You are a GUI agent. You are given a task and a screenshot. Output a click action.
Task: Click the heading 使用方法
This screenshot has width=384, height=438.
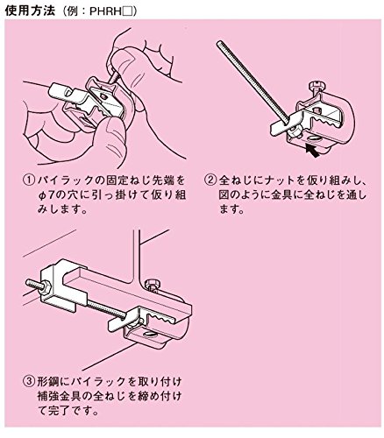click(30, 11)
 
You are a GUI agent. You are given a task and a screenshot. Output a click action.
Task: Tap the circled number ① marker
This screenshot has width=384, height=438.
click(29, 180)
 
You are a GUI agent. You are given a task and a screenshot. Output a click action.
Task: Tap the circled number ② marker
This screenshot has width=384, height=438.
click(210, 180)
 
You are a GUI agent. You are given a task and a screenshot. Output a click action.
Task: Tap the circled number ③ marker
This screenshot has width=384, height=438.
click(29, 381)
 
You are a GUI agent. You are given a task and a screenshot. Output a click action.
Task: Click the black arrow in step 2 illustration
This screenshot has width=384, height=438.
click(311, 151)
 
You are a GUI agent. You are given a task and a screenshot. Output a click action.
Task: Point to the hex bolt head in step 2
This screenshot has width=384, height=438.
click(316, 86)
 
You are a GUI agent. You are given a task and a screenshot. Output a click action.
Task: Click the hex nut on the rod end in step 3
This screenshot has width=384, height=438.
click(46, 286)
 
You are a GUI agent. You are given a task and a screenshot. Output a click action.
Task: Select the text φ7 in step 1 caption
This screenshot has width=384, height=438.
click(45, 194)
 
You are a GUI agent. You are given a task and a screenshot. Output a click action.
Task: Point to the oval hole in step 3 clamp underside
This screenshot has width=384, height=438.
click(150, 335)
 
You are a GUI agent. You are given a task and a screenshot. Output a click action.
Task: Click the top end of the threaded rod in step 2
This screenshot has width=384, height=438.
click(218, 43)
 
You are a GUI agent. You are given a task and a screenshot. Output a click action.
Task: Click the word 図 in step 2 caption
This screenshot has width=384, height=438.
click(224, 194)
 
